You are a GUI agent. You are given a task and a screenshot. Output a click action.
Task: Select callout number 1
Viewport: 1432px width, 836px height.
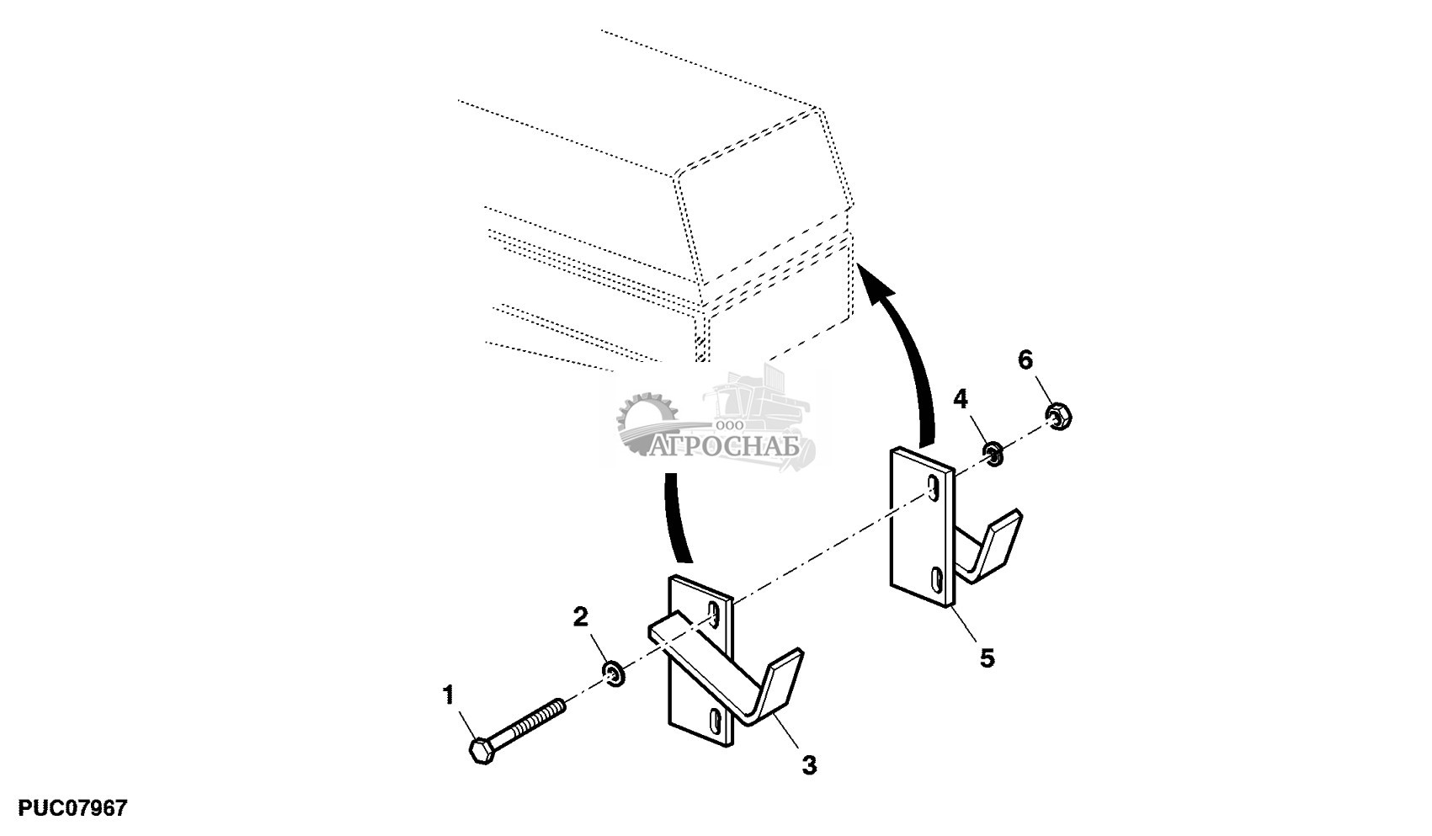point(448,695)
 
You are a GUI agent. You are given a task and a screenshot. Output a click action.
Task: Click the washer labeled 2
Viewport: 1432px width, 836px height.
point(615,673)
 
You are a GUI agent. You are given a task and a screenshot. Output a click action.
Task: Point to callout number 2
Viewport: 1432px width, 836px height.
point(581,617)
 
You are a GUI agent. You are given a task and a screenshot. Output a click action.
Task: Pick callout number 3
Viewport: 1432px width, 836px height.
point(808,765)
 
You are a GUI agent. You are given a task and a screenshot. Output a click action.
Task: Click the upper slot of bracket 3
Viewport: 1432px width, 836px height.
point(715,615)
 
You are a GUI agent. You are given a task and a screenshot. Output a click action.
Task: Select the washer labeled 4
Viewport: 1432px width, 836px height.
point(994,455)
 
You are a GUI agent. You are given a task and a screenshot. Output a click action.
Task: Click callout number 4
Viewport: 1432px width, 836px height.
point(961,399)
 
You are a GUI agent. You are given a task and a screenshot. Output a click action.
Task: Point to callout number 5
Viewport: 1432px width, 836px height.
point(987,658)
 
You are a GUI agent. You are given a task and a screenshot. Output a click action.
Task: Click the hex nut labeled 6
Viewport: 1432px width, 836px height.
point(1057,416)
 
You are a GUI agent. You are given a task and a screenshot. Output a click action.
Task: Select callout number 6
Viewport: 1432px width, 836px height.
point(1025,360)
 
